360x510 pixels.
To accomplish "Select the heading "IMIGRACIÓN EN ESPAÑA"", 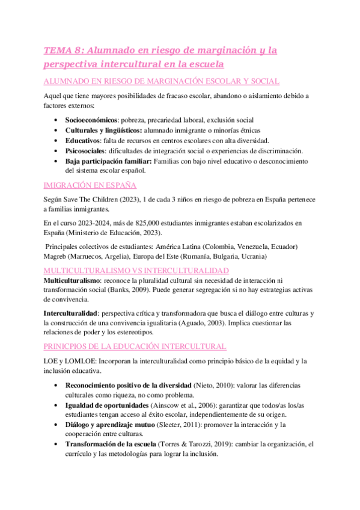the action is pos(91,185).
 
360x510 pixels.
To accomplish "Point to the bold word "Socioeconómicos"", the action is pos(90,120).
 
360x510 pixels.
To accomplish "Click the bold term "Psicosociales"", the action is pos(85,150).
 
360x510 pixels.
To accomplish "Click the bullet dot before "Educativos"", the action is pos(56,140).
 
